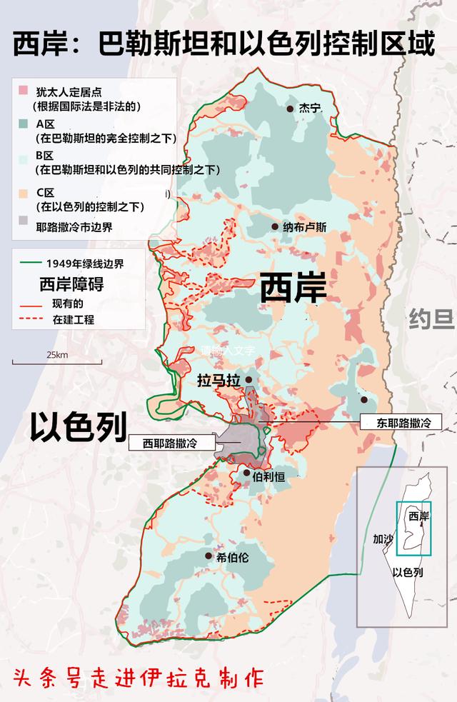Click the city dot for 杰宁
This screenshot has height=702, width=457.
click(291, 109)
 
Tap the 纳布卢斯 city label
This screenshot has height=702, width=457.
click(304, 227)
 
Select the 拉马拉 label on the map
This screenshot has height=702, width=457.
click(219, 381)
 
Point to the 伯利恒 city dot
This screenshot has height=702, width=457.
click(246, 473)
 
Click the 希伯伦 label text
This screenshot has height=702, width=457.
click(232, 558)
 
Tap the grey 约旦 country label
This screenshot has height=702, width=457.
click(432, 319)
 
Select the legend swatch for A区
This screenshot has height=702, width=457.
click(24, 123)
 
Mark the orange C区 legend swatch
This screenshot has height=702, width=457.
click(24, 192)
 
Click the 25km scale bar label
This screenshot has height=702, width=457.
click(57, 355)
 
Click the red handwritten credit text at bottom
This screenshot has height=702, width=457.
click(137, 677)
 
